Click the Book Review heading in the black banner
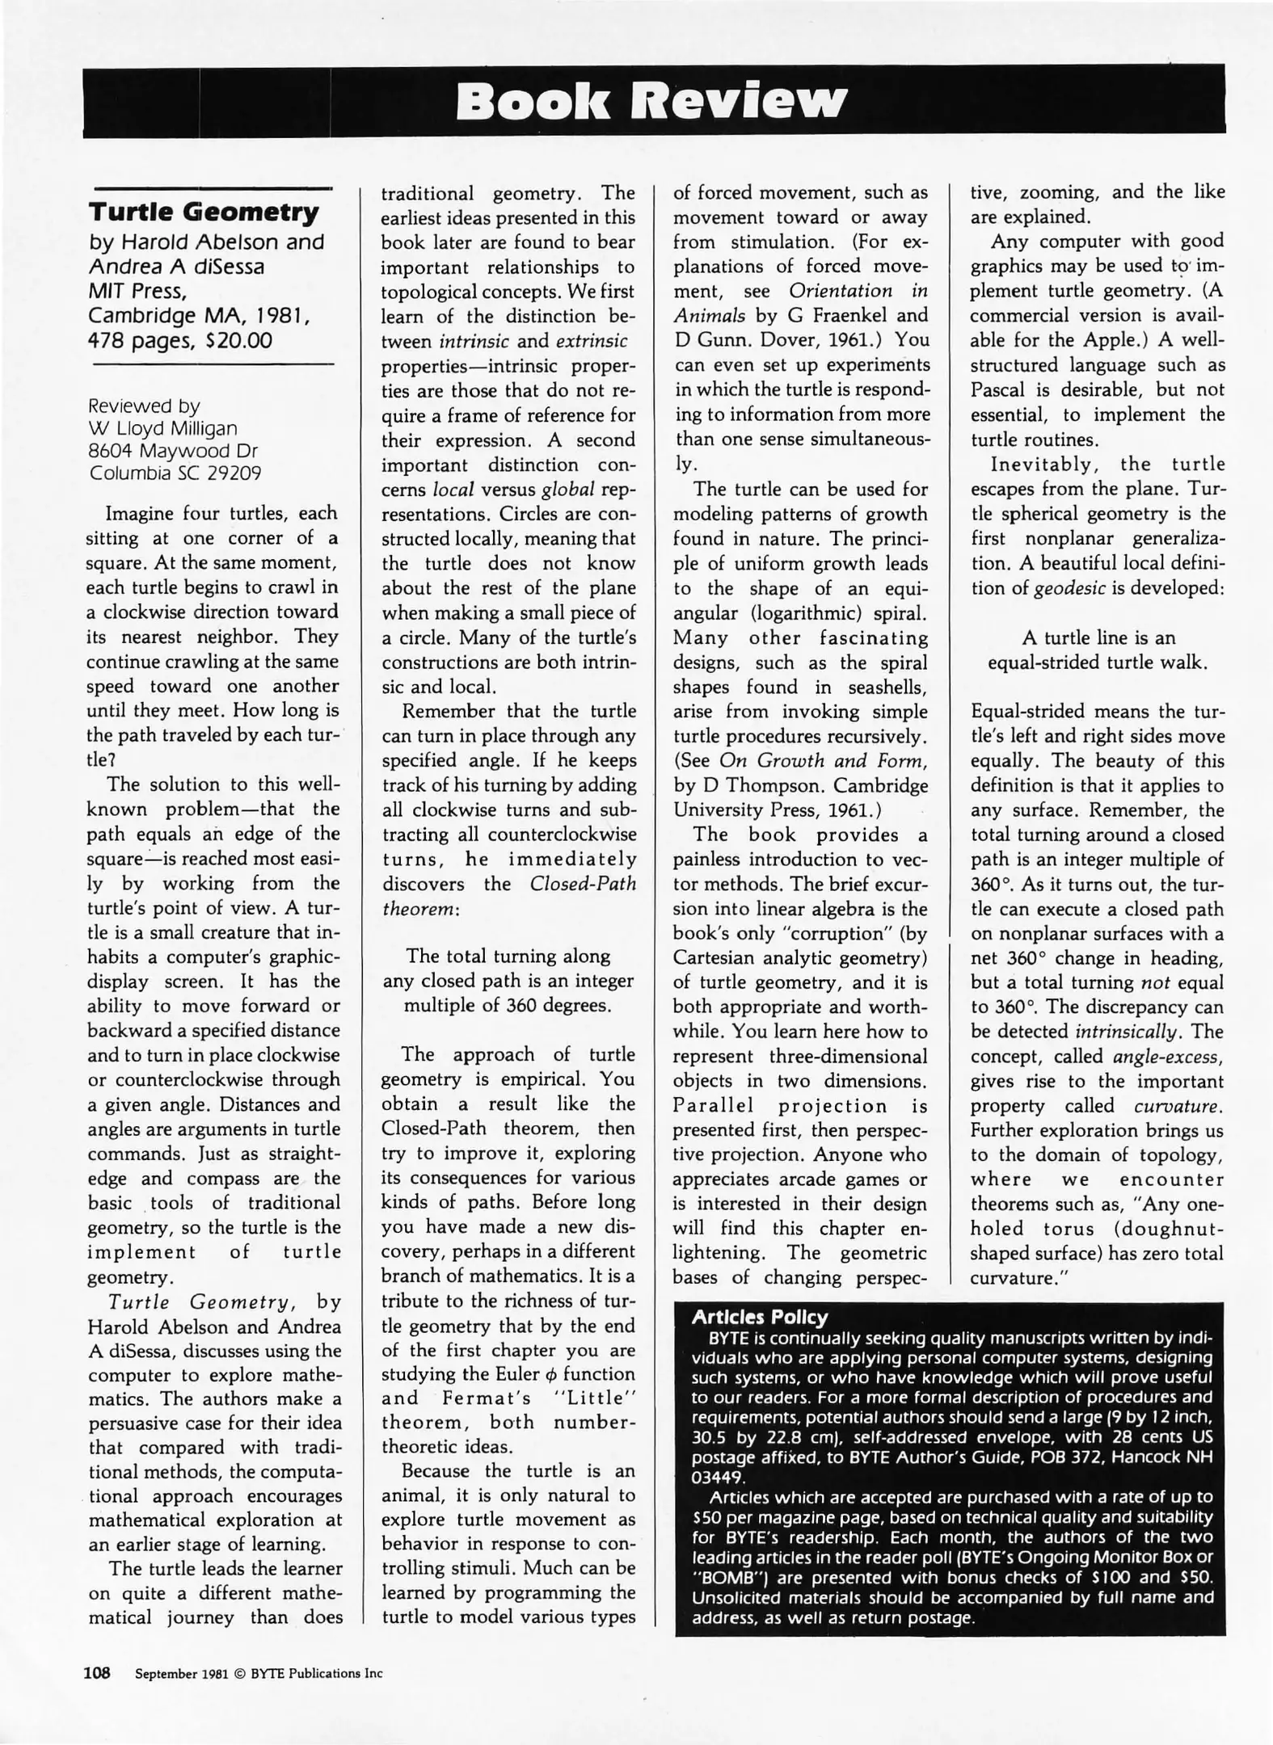(x=651, y=102)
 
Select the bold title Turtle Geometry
(x=204, y=212)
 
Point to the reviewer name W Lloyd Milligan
(x=162, y=428)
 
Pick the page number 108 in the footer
(x=97, y=1673)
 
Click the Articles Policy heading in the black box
(x=760, y=1317)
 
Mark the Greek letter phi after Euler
(x=552, y=1374)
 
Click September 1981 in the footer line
(x=182, y=1674)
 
